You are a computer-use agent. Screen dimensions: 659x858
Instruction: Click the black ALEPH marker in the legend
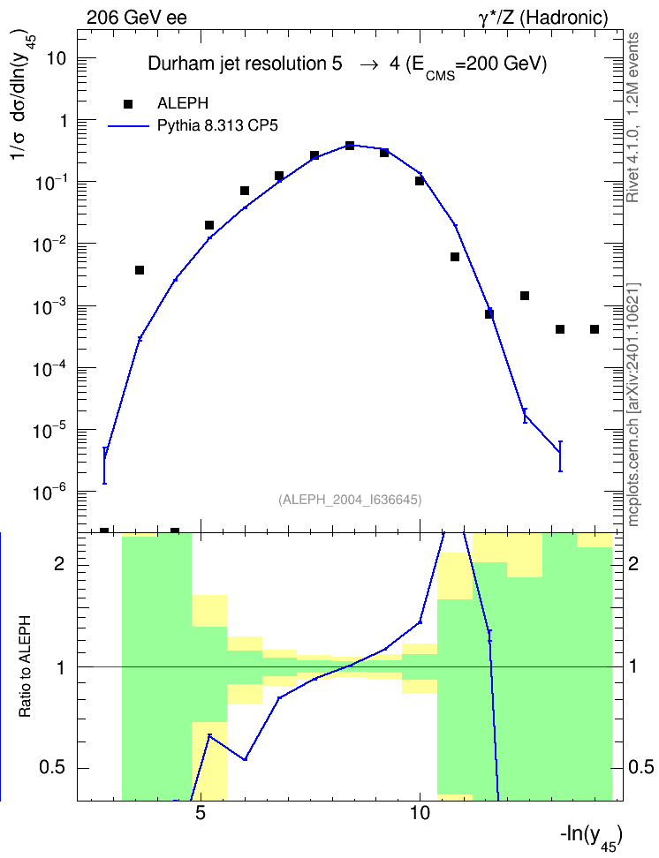tap(128, 104)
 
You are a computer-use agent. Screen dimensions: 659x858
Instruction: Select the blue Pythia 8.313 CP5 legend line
tap(128, 126)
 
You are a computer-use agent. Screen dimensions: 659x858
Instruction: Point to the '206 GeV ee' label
tap(136, 18)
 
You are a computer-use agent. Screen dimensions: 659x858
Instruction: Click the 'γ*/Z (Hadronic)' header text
tap(543, 18)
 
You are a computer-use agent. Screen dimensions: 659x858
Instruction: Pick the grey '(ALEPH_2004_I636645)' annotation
tap(350, 500)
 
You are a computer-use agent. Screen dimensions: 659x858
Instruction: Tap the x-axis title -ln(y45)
tap(591, 837)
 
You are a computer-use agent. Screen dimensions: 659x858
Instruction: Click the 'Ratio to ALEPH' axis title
tap(25, 666)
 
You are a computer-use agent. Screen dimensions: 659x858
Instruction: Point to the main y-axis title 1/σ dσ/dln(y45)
tap(22, 100)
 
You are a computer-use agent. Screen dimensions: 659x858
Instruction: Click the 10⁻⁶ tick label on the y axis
tap(49, 492)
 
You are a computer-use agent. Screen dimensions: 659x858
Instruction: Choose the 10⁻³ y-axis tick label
tap(49, 306)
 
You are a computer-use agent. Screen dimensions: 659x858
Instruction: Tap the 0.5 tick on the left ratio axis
tap(52, 767)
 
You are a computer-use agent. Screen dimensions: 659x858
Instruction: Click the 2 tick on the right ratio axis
tap(633, 563)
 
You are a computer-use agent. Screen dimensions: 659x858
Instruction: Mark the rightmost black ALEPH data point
tap(595, 329)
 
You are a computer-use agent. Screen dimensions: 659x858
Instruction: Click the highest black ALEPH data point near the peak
tap(350, 146)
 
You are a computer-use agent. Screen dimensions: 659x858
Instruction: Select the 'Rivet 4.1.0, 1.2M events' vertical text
tap(632, 117)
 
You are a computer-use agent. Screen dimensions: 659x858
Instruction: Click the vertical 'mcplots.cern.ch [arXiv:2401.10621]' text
tap(633, 404)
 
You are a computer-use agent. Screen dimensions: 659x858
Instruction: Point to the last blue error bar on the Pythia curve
tap(560, 455)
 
